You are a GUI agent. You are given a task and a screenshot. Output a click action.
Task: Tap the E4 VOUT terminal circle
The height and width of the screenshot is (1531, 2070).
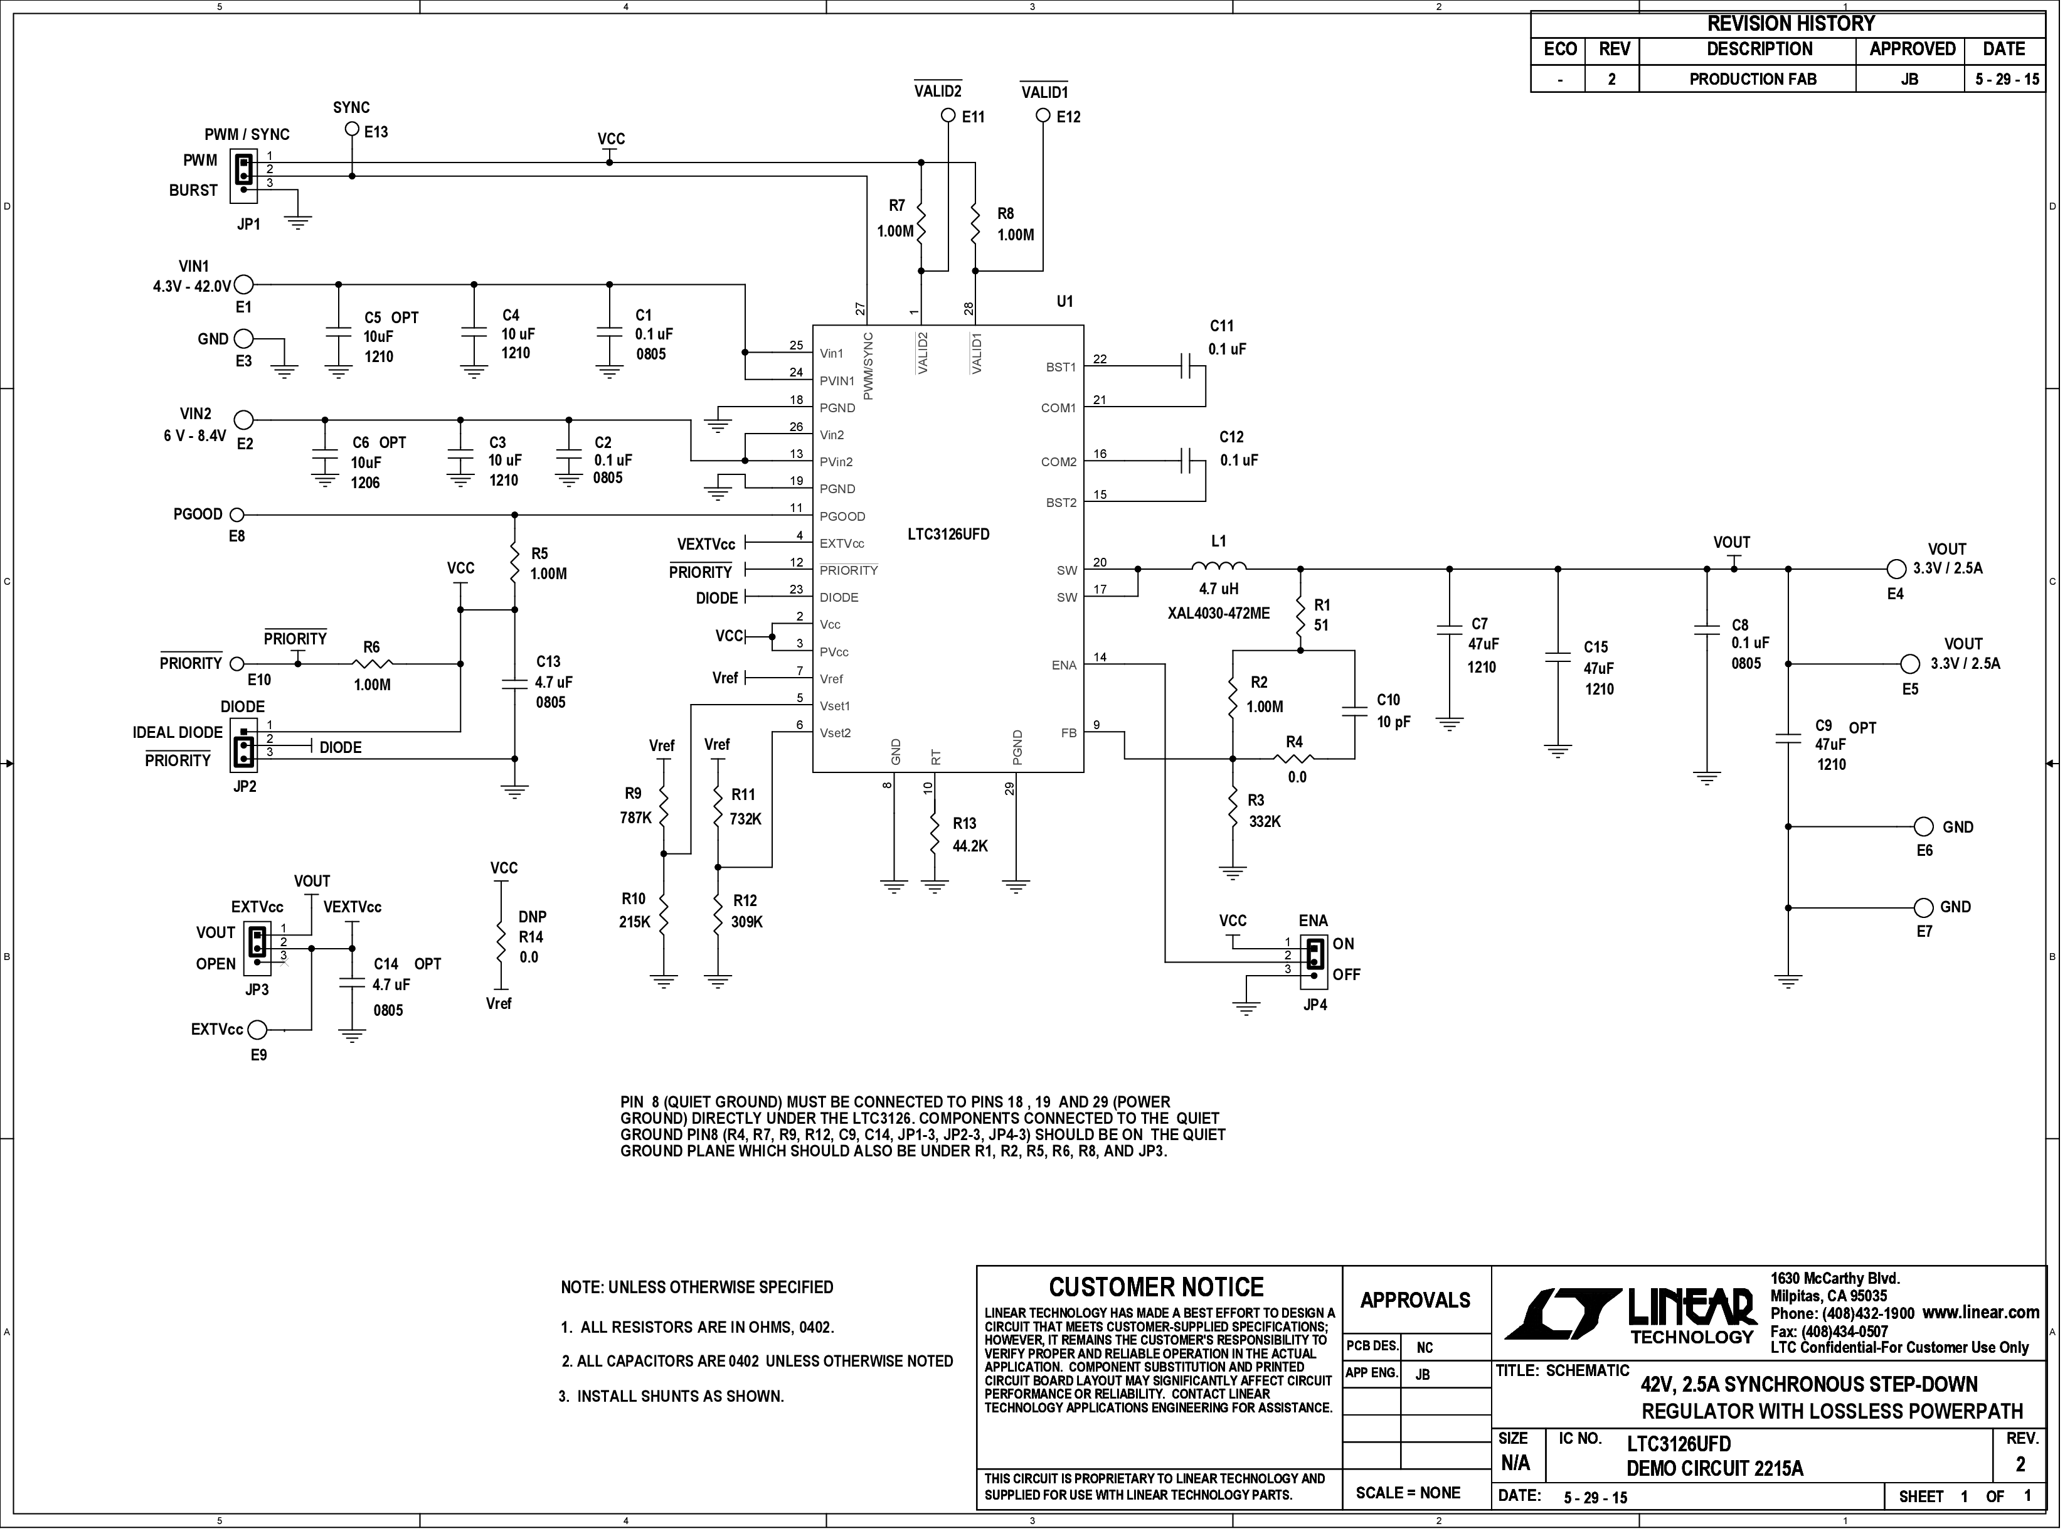pos(1895,569)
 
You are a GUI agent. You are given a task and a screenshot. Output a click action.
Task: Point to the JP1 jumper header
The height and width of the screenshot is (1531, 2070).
pos(243,176)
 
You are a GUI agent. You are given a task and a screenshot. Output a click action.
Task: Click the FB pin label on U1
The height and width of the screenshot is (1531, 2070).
pos(1068,733)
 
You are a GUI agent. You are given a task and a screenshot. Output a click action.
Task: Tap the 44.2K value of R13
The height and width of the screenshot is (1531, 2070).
pos(970,846)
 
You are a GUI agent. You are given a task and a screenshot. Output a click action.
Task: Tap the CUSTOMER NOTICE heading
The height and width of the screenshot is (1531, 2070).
pos(1157,1288)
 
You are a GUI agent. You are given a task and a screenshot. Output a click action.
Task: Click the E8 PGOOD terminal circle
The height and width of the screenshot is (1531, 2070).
pos(237,515)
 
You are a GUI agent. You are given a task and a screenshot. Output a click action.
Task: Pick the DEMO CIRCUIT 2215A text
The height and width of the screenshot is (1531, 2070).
pos(1715,1469)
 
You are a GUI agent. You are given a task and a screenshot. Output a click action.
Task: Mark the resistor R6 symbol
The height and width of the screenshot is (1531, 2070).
pos(373,664)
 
